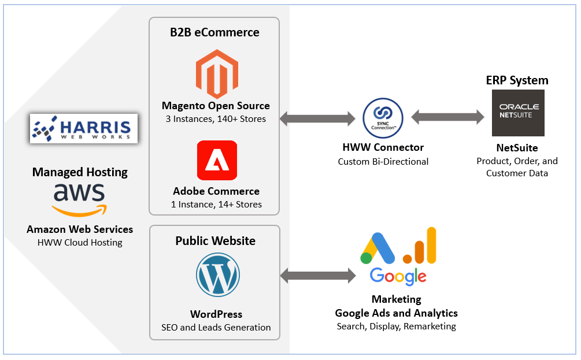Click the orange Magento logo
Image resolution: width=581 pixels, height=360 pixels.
tap(216, 73)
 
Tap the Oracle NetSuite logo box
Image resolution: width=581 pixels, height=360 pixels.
tap(518, 112)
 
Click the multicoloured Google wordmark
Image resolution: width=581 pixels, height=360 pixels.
tap(398, 277)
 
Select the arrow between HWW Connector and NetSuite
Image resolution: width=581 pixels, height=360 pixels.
tap(447, 117)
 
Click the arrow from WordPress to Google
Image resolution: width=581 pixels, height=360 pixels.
tap(318, 276)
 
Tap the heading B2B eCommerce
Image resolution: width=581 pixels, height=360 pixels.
tap(214, 32)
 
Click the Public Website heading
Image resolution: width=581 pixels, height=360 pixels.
tap(215, 240)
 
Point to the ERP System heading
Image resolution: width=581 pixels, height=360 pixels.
tap(517, 80)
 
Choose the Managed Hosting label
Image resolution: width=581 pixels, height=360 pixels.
tap(80, 172)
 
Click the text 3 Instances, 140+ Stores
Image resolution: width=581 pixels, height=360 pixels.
tap(216, 119)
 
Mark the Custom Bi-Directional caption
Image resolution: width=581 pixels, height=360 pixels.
tap(383, 161)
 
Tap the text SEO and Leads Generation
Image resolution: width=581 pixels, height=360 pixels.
tap(216, 327)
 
